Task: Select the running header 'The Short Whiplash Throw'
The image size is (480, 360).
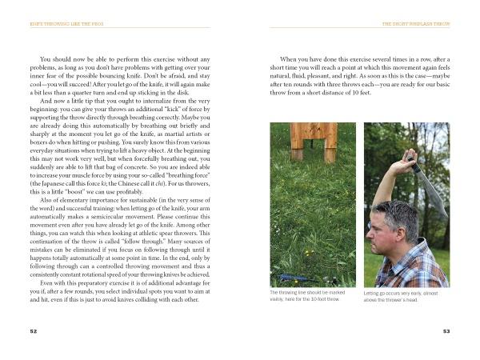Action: click(418, 25)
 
